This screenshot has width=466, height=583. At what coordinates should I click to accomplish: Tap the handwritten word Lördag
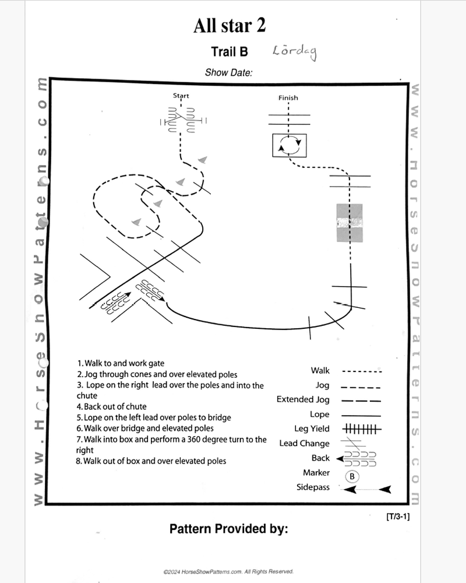294,52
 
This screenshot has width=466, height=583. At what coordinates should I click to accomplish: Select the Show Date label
228,73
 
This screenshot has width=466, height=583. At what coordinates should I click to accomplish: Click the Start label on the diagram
181,96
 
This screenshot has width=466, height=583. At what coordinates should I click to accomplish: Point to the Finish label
288,98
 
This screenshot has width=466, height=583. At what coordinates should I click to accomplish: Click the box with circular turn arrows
290,145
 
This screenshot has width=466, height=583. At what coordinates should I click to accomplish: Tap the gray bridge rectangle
349,222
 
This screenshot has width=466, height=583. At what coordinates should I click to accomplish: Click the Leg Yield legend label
312,429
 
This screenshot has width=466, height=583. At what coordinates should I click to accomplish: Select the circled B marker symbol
352,476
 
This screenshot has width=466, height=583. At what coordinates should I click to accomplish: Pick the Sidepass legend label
313,487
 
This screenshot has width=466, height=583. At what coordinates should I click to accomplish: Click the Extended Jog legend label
303,400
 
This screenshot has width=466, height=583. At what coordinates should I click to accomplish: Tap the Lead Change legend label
304,444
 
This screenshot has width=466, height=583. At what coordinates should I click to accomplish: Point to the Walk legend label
320,371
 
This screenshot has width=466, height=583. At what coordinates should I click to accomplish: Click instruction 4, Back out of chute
111,406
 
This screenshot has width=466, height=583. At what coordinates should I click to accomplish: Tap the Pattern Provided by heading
229,529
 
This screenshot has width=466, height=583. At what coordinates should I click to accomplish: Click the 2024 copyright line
228,572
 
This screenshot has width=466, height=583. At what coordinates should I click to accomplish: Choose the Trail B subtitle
229,52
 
